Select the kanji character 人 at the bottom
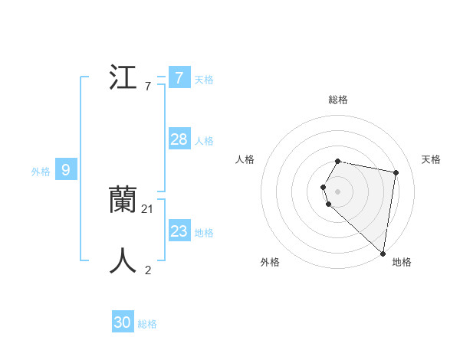[124, 260]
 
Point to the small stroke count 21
[148, 208]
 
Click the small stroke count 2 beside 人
[148, 270]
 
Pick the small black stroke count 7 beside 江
[148, 87]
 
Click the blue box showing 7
[179, 77]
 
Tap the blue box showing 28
[179, 139]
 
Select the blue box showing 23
[179, 231]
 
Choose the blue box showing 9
[66, 170]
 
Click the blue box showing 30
[122, 322]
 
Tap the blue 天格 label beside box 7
[204, 79]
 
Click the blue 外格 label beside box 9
[41, 172]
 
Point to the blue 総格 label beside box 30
[147, 324]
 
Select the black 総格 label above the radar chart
[338, 100]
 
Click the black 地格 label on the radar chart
[402, 262]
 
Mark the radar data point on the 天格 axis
[396, 173]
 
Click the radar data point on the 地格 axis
[383, 253]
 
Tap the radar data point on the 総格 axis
[338, 161]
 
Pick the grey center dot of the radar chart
[338, 191]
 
